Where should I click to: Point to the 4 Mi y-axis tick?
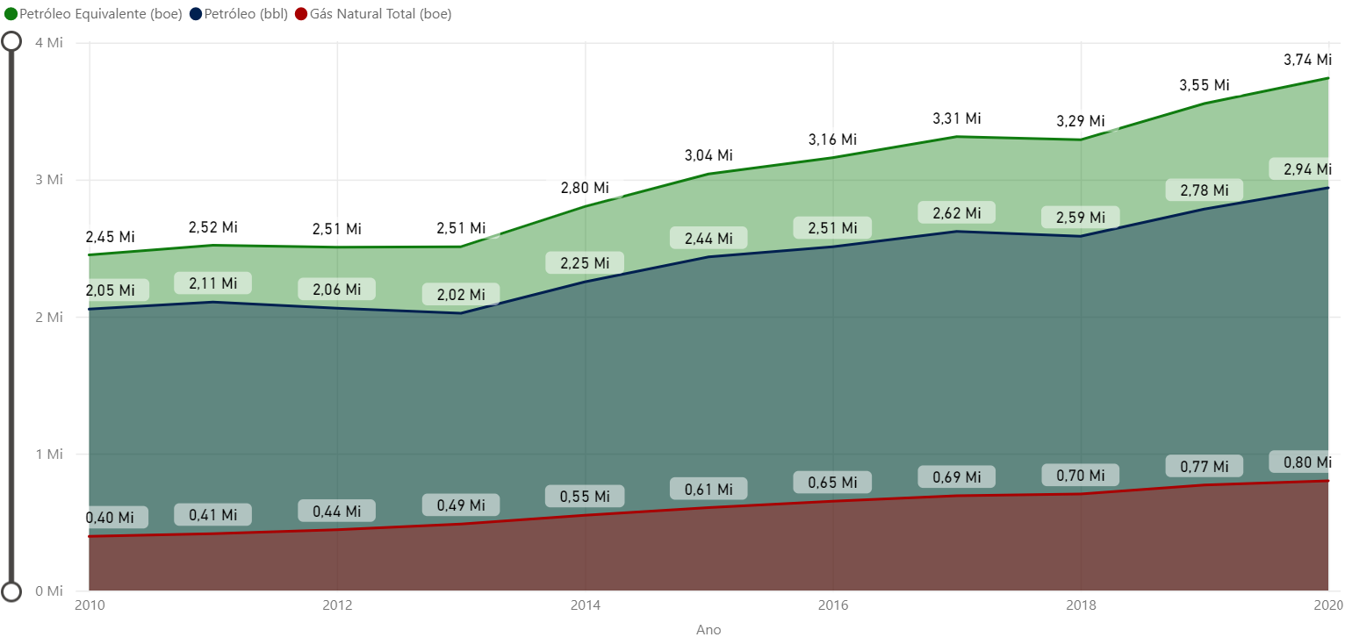(49, 43)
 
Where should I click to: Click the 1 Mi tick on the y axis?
(49, 454)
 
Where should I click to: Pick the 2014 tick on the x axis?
(585, 605)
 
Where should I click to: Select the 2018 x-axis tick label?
(1081, 605)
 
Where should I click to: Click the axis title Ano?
(708, 629)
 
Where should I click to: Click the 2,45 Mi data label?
(110, 237)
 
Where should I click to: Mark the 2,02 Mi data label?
(461, 295)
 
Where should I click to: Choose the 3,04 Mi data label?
(708, 155)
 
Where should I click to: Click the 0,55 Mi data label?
(585, 497)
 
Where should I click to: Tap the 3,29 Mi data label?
(1080, 121)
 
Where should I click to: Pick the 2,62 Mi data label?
(956, 213)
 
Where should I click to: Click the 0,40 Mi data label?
(110, 518)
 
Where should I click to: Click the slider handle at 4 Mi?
(11, 42)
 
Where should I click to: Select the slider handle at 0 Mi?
(11, 591)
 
